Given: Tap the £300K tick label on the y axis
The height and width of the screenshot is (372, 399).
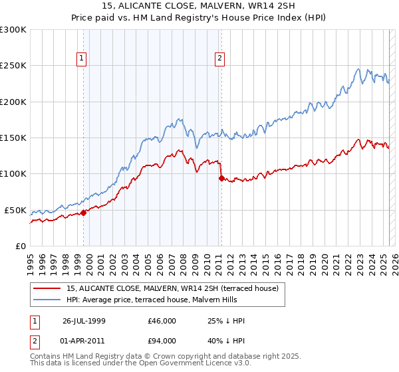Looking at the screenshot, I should click(x=13, y=30).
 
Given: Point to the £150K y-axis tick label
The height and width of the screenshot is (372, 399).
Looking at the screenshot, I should click(x=13, y=138).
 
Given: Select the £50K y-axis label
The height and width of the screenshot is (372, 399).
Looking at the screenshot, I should click(x=15, y=210).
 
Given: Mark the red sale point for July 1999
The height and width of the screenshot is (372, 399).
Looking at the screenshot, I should click(x=84, y=213).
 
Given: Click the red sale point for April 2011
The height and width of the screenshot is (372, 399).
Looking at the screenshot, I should click(x=221, y=178).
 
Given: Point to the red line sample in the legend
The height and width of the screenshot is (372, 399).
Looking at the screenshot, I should click(x=47, y=288).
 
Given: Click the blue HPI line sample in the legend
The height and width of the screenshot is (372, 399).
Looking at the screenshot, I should click(x=47, y=299).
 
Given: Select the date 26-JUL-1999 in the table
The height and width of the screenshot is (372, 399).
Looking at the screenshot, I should click(x=85, y=320).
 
